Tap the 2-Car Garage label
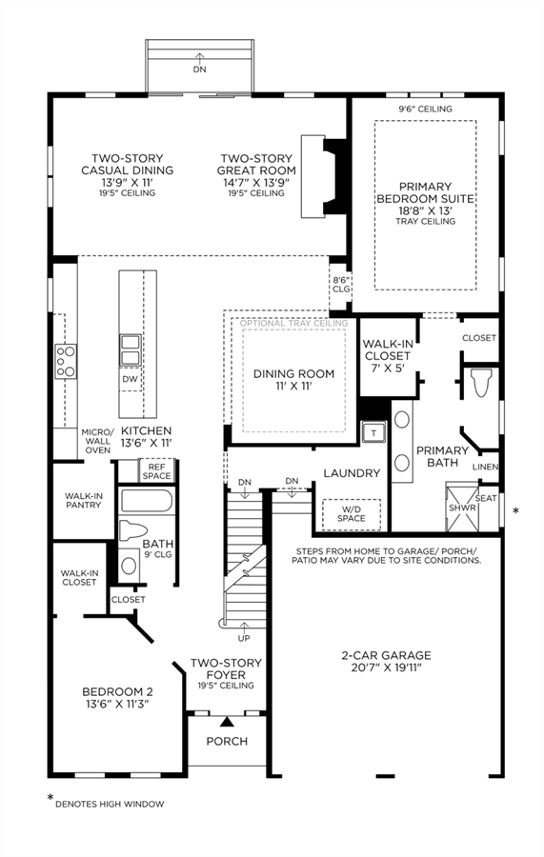(x=386, y=662)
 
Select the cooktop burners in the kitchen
(x=65, y=361)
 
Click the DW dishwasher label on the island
(x=131, y=379)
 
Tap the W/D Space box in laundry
(x=351, y=514)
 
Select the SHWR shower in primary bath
(x=462, y=507)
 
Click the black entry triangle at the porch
(x=227, y=722)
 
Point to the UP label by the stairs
(x=244, y=638)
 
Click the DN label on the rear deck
(x=199, y=70)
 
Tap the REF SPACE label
(x=156, y=471)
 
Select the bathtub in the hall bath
(x=147, y=501)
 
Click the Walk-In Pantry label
(x=83, y=501)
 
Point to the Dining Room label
(x=293, y=380)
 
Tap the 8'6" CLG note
(x=341, y=284)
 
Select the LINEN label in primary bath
(x=486, y=467)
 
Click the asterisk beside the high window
(x=515, y=511)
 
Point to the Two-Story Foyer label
(x=226, y=674)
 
